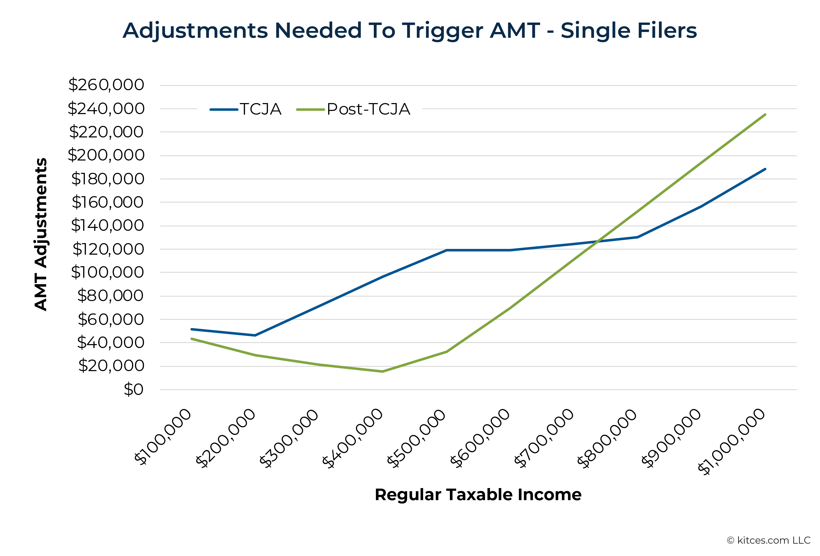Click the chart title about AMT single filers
click(x=410, y=31)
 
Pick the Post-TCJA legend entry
click(x=353, y=109)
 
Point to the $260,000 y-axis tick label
click(x=106, y=85)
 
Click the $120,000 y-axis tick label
click(x=108, y=249)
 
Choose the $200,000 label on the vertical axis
click(x=106, y=155)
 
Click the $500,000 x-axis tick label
click(x=416, y=439)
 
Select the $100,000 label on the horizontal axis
click(x=163, y=437)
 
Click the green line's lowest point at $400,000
click(x=382, y=371)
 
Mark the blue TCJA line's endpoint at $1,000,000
click(x=765, y=169)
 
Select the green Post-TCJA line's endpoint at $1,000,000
click(x=765, y=115)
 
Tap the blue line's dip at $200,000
click(x=255, y=335)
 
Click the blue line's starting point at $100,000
click(x=191, y=329)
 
